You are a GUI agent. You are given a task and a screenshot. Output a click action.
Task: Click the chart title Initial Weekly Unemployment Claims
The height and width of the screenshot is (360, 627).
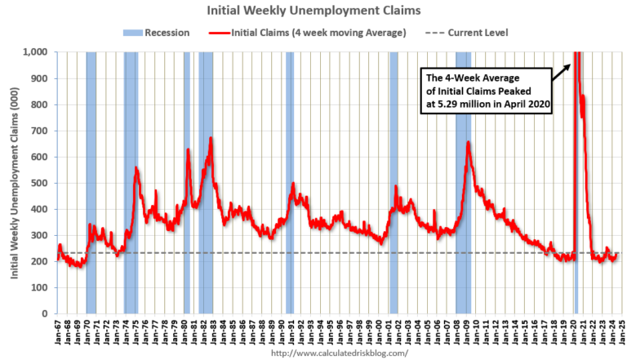[313, 12]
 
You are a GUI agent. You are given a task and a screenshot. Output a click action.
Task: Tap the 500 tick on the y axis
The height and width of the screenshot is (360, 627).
[41, 183]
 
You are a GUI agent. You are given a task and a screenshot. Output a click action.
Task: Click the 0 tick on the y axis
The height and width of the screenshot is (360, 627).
[46, 313]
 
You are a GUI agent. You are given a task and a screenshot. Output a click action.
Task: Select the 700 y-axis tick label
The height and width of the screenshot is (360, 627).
[41, 131]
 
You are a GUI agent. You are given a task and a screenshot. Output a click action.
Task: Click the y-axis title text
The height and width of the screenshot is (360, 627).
[15, 183]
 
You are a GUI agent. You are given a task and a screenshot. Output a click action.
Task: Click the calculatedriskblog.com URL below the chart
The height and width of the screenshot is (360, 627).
[338, 353]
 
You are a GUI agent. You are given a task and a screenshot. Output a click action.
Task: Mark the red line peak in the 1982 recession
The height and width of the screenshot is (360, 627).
[211, 139]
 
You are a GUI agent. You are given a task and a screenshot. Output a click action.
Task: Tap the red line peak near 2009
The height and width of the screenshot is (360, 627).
[468, 143]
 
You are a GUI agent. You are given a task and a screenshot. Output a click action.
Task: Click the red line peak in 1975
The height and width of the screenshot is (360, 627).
[136, 168]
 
